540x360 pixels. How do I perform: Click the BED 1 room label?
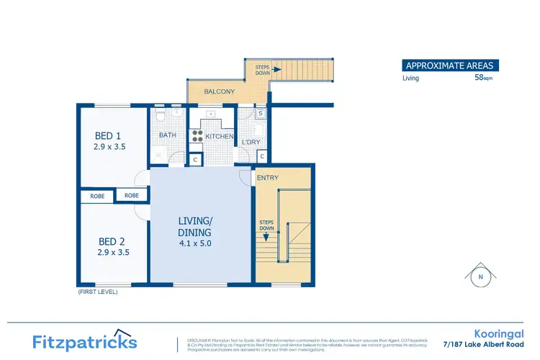[x=109, y=135]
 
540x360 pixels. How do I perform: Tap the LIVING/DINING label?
[x=194, y=227]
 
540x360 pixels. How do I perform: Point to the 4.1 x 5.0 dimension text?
[x=194, y=243]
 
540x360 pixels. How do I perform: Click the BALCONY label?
[x=218, y=92]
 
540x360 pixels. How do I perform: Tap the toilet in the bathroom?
[x=161, y=114]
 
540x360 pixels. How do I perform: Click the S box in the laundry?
[x=260, y=114]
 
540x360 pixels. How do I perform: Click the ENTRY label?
[x=268, y=178]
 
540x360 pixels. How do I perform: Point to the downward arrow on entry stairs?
[x=266, y=235]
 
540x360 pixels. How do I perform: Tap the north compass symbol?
[x=480, y=275]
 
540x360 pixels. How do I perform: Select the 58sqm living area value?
[x=483, y=78]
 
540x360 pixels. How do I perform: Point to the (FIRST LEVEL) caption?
[x=97, y=292]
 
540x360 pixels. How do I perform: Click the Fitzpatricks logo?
[x=84, y=341]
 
